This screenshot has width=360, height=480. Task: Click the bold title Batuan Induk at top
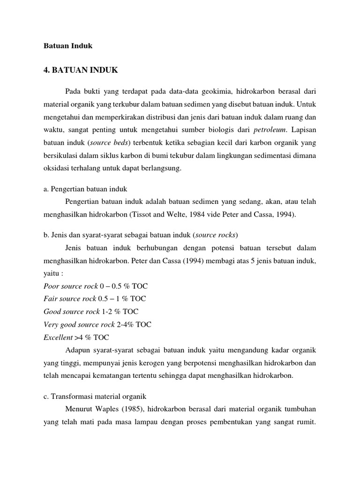[x=68, y=46]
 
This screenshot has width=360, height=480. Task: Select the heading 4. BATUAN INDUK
[x=81, y=71]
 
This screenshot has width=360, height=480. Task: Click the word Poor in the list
[x=52, y=285]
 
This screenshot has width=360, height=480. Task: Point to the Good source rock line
[x=90, y=311]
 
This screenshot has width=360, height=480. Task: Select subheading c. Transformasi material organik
[x=90, y=396]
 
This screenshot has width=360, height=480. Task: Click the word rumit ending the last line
[x=305, y=420]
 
